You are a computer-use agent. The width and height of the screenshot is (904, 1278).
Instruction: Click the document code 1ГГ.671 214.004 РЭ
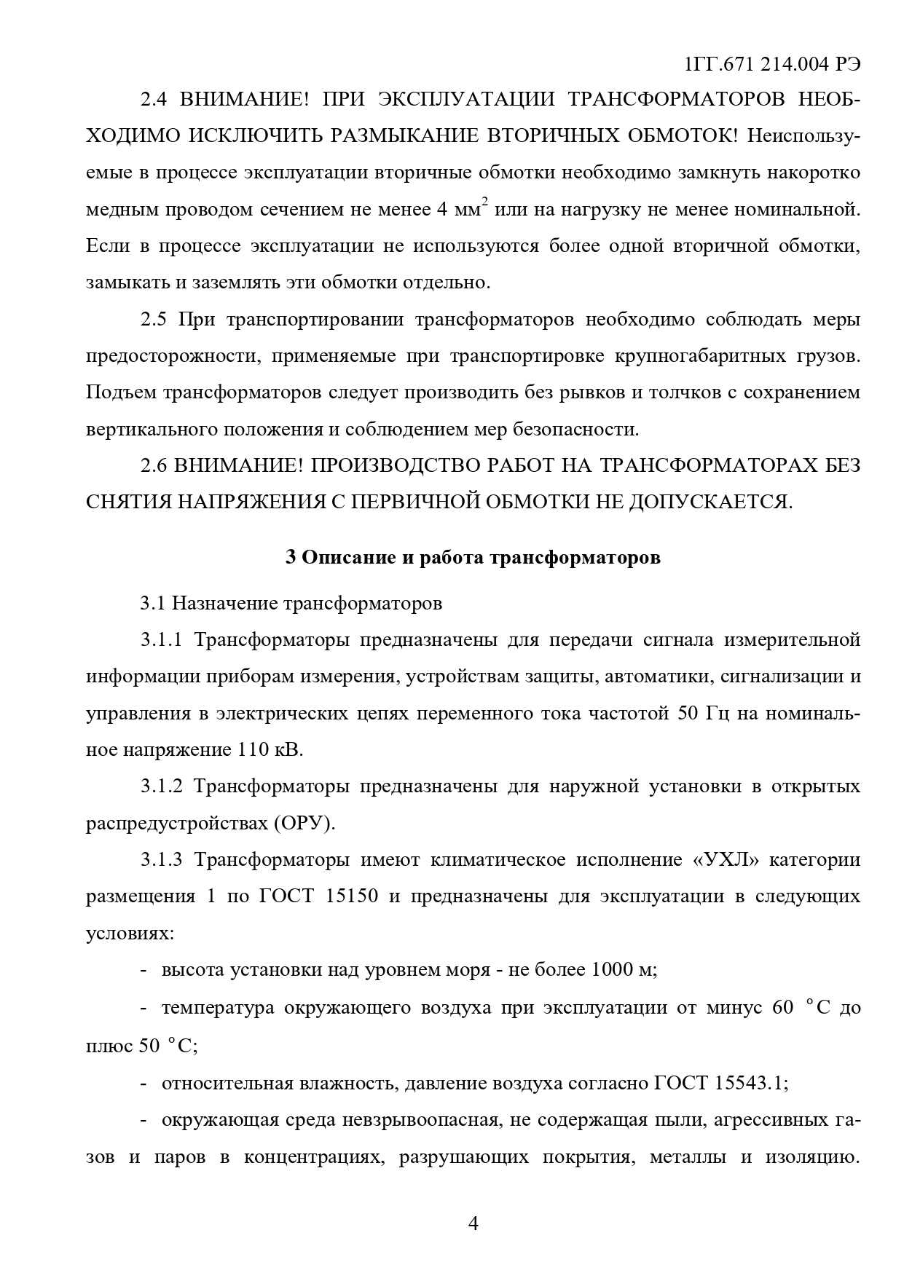tap(773, 64)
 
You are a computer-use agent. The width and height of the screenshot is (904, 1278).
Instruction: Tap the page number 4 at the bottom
tap(472, 1224)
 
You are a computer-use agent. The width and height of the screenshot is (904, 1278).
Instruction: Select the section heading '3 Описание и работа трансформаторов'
tap(473, 558)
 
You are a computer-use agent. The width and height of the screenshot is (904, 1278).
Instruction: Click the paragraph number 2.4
tap(154, 100)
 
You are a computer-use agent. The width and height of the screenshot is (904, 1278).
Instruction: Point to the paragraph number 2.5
tap(154, 320)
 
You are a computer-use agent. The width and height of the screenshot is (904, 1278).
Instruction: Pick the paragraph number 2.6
tap(154, 466)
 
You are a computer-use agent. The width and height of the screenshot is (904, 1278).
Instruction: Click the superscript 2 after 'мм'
tap(484, 203)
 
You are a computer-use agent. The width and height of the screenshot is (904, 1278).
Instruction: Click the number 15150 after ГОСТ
tap(352, 896)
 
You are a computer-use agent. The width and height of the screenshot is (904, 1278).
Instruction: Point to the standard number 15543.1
tap(750, 1083)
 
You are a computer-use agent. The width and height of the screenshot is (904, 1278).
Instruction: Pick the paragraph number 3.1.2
tap(161, 787)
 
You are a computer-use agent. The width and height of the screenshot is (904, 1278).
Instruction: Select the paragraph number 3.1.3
tap(161, 860)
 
